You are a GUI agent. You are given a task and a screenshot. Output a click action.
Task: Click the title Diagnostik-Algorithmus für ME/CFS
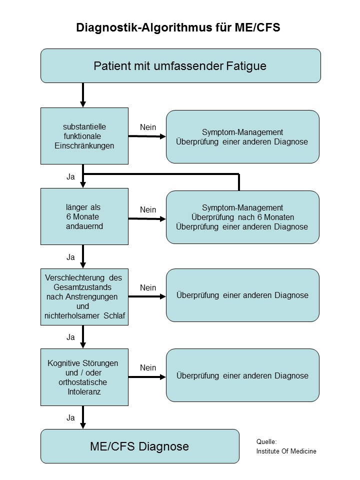[178, 28]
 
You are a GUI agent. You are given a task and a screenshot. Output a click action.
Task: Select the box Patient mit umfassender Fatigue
[180, 65]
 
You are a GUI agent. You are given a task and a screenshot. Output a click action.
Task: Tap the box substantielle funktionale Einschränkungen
[84, 136]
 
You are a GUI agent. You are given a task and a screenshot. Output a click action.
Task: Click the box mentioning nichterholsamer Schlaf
[84, 296]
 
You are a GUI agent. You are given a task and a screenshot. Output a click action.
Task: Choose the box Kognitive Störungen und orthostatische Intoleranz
[84, 377]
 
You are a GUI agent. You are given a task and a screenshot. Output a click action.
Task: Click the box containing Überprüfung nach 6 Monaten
[242, 217]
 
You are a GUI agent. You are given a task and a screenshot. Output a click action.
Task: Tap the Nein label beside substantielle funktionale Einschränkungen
[148, 127]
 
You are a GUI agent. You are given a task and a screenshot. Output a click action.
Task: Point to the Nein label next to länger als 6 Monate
[148, 209]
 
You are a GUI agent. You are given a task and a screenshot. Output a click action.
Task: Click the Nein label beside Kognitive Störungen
[148, 367]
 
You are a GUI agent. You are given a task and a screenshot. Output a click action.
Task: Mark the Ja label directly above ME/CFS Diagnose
[70, 416]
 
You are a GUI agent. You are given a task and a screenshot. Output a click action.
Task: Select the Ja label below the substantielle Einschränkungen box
[70, 176]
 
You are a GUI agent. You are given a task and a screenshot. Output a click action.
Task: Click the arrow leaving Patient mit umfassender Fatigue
[83, 94]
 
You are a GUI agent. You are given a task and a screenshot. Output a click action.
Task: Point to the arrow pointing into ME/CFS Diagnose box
[83, 417]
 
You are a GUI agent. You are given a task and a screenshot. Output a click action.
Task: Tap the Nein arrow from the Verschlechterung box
[147, 296]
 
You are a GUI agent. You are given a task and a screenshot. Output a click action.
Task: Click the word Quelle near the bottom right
[266, 441]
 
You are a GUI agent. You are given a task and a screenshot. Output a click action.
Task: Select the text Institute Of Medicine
[286, 451]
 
